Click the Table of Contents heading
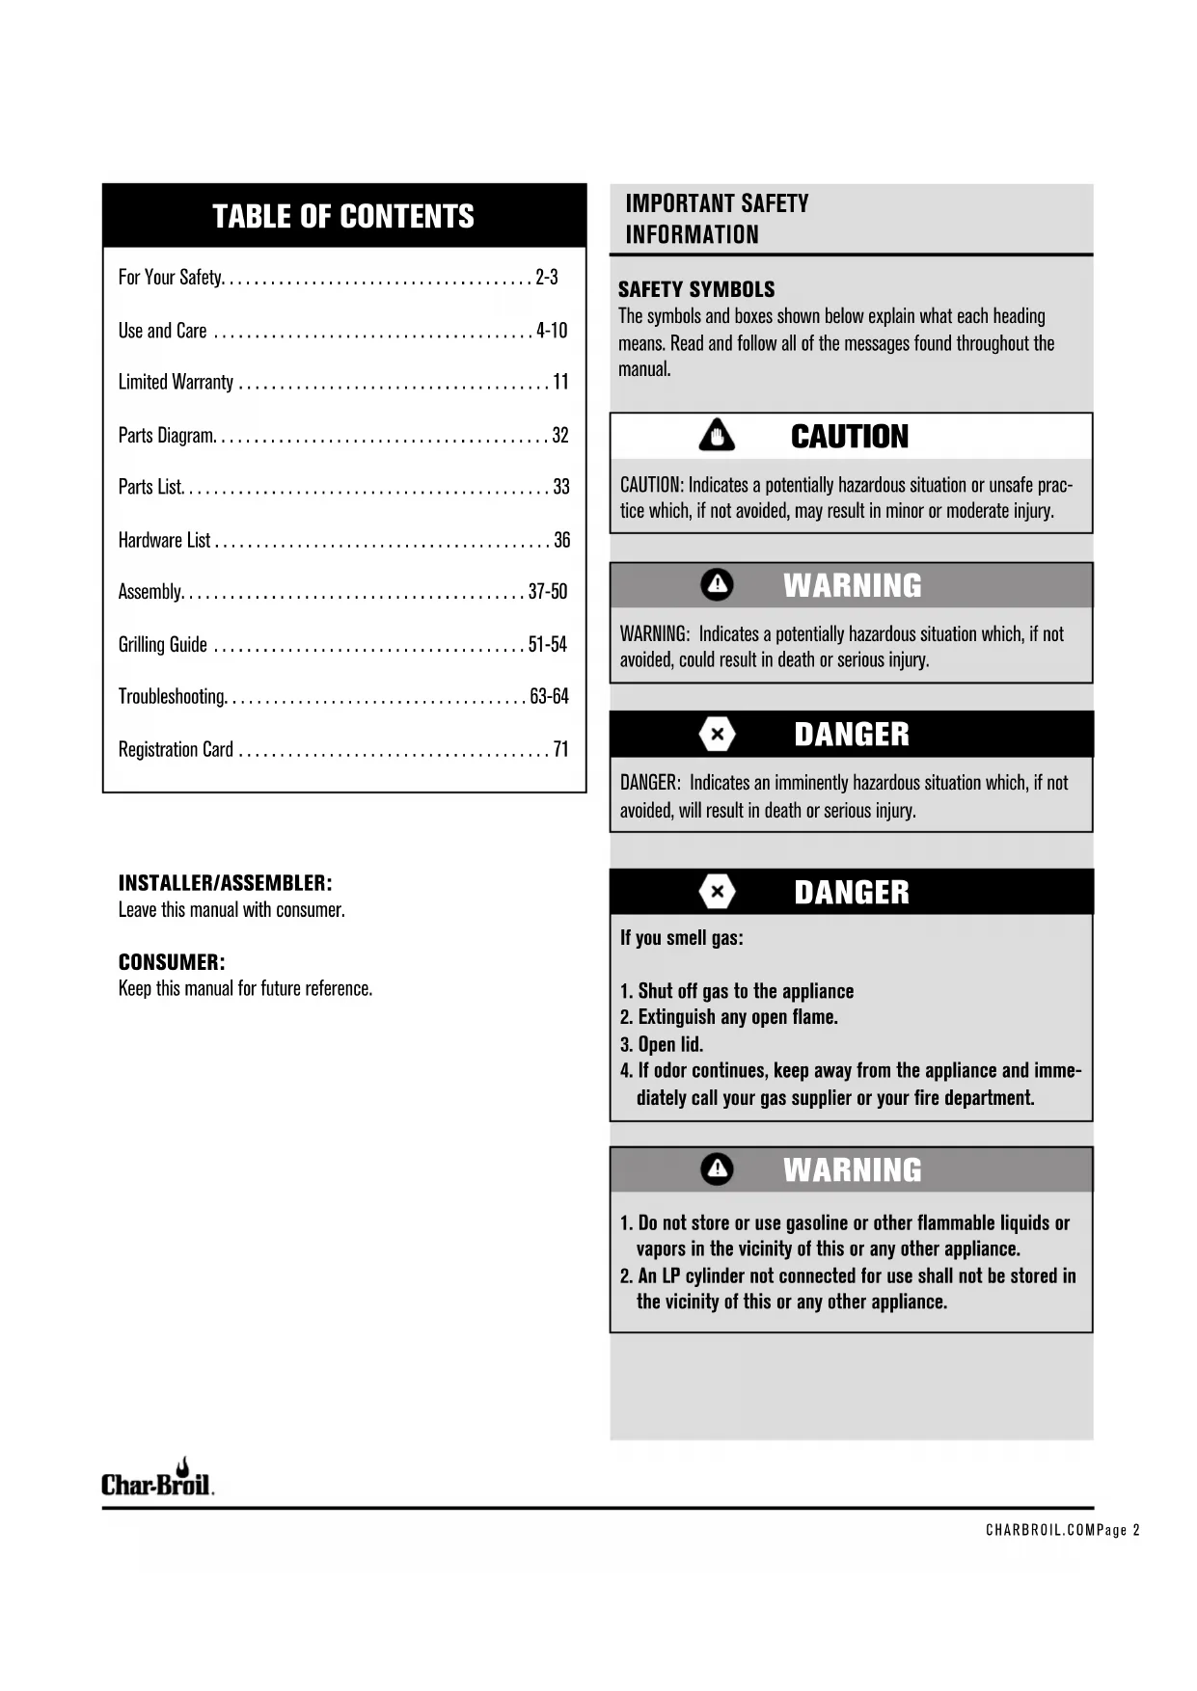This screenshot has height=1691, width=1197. pos(343,216)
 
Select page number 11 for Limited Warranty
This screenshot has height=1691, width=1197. pos(560,382)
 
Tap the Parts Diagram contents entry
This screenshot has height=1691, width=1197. pos(166,435)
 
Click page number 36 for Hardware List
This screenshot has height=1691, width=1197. pos(561,540)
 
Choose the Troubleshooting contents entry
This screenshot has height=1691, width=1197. pos(172,696)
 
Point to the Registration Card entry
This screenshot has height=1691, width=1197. pos(176,749)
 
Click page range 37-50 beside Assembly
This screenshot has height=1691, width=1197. pos(548,591)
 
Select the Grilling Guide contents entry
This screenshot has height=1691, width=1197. pos(163,644)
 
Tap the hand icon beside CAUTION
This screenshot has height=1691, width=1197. pos(717,436)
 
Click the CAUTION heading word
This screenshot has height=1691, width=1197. pos(850,437)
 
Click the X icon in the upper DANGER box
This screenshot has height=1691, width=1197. pos(717,735)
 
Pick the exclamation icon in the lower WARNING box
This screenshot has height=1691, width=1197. pos(717,1169)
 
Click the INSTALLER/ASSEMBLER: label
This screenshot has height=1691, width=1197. pos(225,883)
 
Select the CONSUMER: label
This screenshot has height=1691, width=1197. pos(172,962)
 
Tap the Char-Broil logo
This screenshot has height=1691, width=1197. pos(157,1481)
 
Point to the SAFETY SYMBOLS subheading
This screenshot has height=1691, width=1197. pos(696,289)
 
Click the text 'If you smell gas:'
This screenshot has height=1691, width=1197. pos(682,938)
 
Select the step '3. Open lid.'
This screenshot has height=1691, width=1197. pos(662,1044)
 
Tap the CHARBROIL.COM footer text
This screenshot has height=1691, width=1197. pos(1040,1530)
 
